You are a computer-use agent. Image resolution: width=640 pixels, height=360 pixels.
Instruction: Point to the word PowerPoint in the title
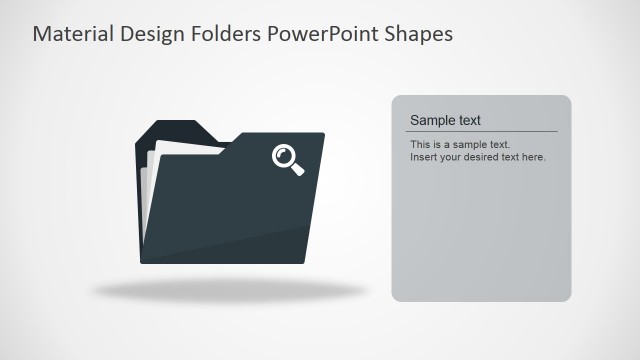(x=320, y=34)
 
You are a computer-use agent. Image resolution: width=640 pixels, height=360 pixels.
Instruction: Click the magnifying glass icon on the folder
(x=288, y=159)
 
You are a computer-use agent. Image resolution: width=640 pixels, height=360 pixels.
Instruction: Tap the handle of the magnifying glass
(x=297, y=169)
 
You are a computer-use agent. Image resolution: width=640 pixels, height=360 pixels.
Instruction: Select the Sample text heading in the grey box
(x=445, y=120)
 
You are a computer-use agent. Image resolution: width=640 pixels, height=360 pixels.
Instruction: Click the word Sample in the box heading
(x=430, y=120)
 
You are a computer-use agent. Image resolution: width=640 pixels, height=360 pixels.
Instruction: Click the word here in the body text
(x=533, y=157)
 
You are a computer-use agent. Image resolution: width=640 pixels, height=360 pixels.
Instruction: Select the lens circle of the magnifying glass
(x=284, y=155)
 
